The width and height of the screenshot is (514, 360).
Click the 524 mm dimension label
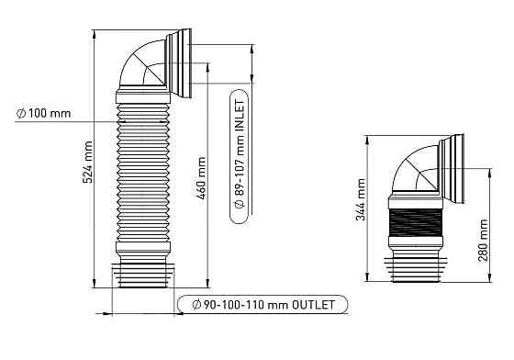click(88, 162)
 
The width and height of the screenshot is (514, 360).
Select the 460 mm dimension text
click(201, 178)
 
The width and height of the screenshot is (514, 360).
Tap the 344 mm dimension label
click(361, 199)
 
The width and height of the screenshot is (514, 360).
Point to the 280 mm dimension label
click(483, 241)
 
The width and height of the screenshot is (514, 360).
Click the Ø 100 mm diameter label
click(44, 114)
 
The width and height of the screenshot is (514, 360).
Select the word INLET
click(240, 116)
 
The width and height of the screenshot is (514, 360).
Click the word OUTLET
click(313, 305)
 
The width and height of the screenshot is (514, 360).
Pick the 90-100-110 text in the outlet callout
click(234, 305)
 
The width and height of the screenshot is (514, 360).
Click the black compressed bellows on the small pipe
click(415, 222)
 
